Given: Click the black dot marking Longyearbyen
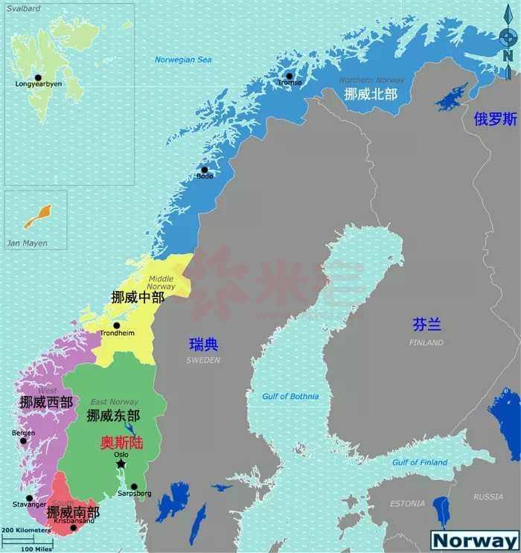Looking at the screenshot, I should (38, 77).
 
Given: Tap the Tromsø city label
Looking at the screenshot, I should (290, 83).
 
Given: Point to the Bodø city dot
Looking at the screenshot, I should (205, 169).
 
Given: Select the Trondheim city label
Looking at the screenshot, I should (118, 333).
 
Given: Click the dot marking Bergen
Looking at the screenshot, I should (23, 441).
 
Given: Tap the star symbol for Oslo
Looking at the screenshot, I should (121, 464).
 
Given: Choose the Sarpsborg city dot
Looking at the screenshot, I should (134, 486).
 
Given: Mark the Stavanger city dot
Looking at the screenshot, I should (29, 498).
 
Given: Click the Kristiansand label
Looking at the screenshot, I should (74, 521).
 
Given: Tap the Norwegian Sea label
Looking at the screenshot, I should (183, 60).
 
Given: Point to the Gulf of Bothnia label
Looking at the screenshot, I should (290, 397).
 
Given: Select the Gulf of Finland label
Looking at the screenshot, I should (421, 462).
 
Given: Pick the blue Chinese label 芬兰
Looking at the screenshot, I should (426, 324).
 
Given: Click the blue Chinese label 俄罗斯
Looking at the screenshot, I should (495, 118).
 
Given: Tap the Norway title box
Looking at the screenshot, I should (475, 540).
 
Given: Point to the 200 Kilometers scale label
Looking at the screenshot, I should (25, 529).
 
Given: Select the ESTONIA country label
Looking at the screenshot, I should (409, 504).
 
